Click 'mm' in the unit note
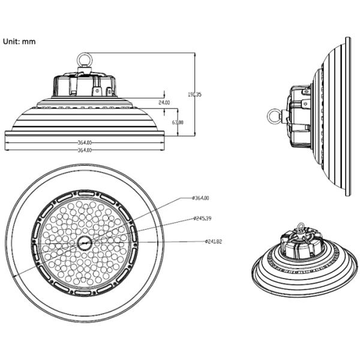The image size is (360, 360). click(x=29, y=41)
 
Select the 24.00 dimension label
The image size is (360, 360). click(x=164, y=103)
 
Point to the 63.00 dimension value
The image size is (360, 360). click(x=178, y=122)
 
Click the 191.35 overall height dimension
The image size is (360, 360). click(x=194, y=94)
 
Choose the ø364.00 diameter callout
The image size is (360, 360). click(x=200, y=198)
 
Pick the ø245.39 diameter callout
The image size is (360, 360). click(x=203, y=218)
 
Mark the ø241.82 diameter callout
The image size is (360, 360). click(x=213, y=241)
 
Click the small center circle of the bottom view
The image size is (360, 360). click(x=84, y=242)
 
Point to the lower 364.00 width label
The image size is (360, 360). click(x=85, y=150)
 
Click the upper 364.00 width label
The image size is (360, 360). click(x=85, y=143)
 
